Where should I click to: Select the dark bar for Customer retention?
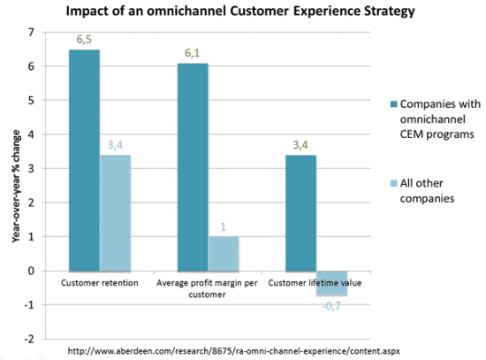click(x=83, y=159)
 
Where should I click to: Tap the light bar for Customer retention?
click(x=116, y=212)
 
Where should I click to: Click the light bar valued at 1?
click(x=224, y=253)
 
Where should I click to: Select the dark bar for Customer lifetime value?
click(x=300, y=212)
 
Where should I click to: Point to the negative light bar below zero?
click(x=332, y=282)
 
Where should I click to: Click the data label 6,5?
click(x=83, y=39)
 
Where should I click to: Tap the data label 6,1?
click(x=192, y=52)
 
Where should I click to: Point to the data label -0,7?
click(x=331, y=305)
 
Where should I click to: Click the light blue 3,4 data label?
click(x=116, y=145)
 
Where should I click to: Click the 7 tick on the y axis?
click(x=32, y=33)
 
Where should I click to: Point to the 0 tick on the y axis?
click(x=32, y=271)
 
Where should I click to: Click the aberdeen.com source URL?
click(x=234, y=351)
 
